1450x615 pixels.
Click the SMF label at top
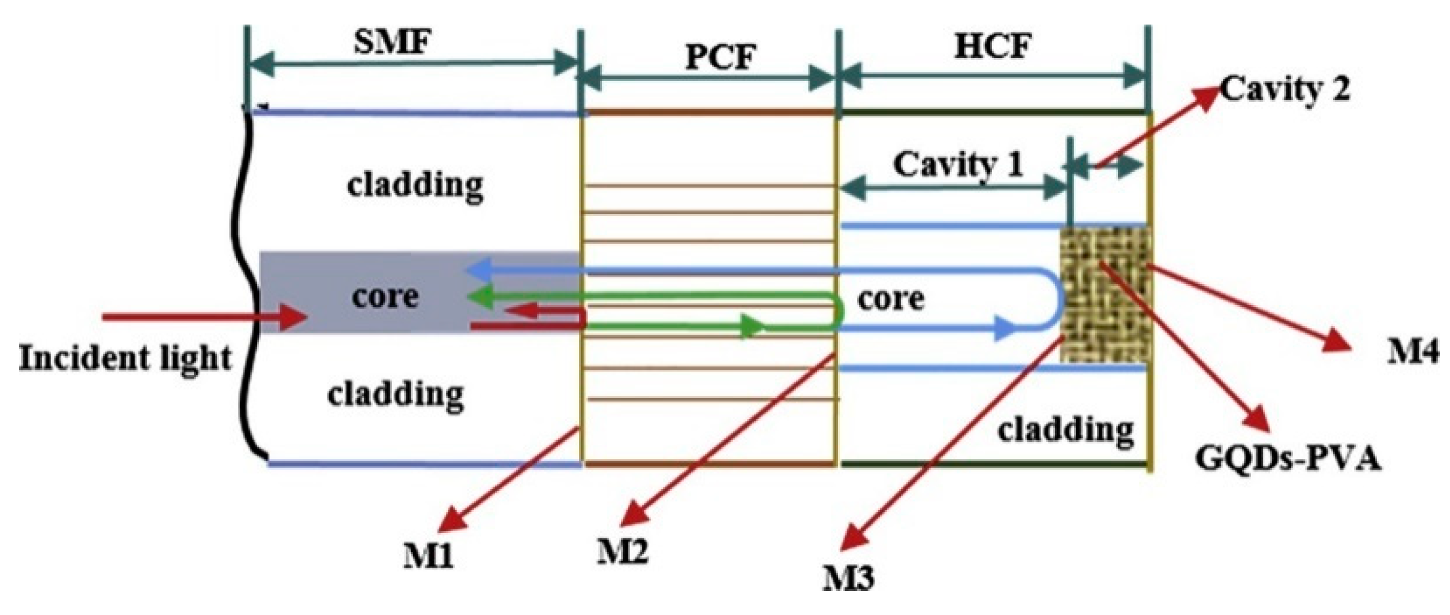pyautogui.click(x=393, y=43)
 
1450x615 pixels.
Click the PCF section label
pyautogui.click(x=720, y=58)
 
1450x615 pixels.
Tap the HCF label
pyautogui.click(x=993, y=46)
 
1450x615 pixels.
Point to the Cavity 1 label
pyautogui.click(x=958, y=164)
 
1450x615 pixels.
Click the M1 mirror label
pyautogui.click(x=428, y=556)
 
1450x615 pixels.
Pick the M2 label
pyautogui.click(x=622, y=550)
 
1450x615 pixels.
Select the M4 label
pyautogui.click(x=1412, y=352)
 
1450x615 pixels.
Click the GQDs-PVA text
pyautogui.click(x=1288, y=459)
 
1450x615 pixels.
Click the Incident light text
pyautogui.click(x=125, y=358)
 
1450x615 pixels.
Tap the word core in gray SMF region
pyautogui.click(x=384, y=296)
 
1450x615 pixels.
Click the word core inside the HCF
pyautogui.click(x=890, y=298)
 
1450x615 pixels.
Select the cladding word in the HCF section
pyautogui.click(x=1066, y=430)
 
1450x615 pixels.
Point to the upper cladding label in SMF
pyautogui.click(x=415, y=185)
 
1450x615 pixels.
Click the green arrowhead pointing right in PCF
pyautogui.click(x=752, y=327)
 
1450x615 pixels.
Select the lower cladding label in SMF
pyautogui.click(x=396, y=394)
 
